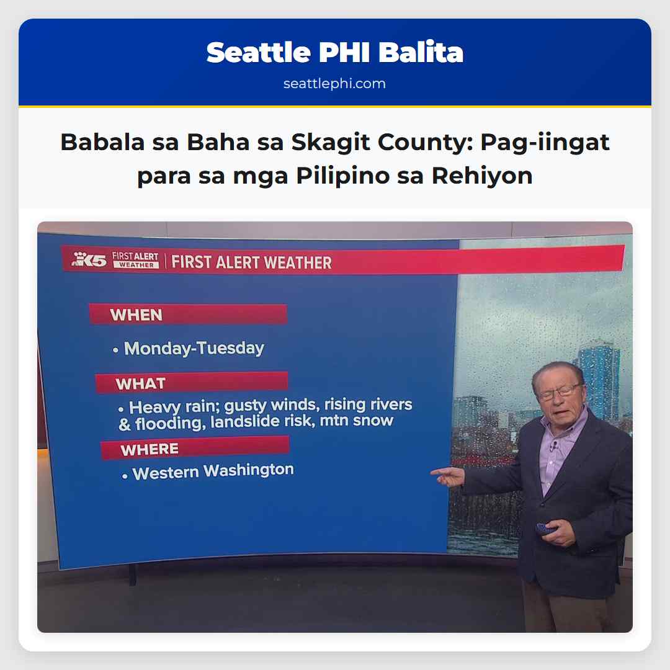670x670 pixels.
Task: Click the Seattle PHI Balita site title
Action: pyautogui.click(x=335, y=53)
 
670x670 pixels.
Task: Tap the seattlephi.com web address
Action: pyautogui.click(x=335, y=84)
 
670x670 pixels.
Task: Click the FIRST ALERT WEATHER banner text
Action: pyautogui.click(x=251, y=262)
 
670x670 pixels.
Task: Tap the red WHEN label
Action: pyautogui.click(x=136, y=315)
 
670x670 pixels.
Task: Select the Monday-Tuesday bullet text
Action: pyautogui.click(x=194, y=349)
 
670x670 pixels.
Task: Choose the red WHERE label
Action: pyautogui.click(x=150, y=449)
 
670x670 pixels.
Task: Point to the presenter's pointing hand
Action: pyautogui.click(x=448, y=476)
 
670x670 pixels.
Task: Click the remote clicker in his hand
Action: pyautogui.click(x=547, y=529)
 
